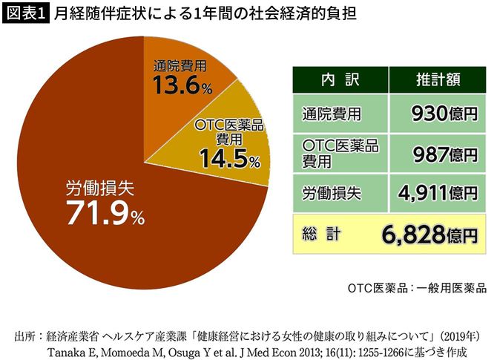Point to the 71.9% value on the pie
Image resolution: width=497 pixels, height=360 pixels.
click(x=105, y=215)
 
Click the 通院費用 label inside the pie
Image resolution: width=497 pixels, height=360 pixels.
click(x=180, y=65)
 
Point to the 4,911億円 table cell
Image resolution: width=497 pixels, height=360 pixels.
click(x=438, y=194)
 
